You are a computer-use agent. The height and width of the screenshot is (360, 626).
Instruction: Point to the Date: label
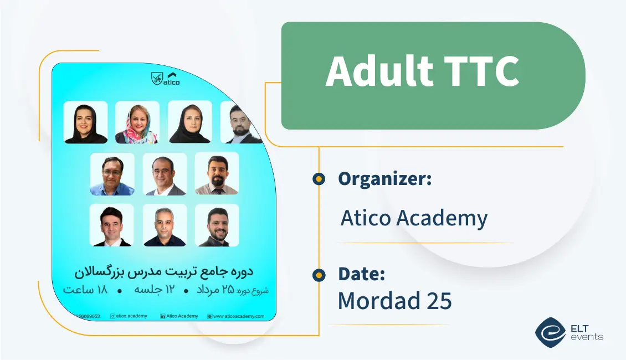click(x=361, y=274)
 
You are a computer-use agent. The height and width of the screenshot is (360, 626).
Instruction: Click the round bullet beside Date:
click(x=319, y=274)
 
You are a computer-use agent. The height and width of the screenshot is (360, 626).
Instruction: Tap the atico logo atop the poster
click(x=165, y=79)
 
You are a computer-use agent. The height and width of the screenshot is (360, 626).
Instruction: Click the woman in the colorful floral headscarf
click(x=137, y=122)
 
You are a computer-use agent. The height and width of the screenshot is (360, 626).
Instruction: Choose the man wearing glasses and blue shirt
click(x=112, y=174)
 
